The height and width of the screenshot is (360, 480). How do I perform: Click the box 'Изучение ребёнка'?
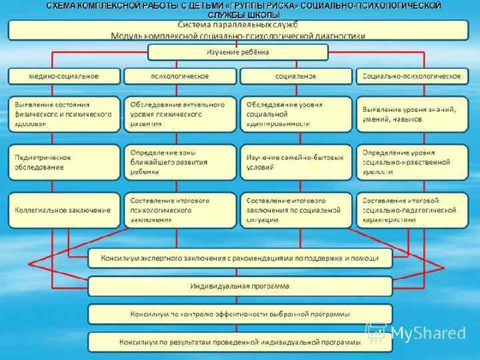pos(238,52)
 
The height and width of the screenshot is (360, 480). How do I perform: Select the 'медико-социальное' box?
pos(64,76)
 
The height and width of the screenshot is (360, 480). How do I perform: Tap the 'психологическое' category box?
pos(180,76)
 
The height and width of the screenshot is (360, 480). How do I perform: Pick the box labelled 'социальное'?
pos(295,76)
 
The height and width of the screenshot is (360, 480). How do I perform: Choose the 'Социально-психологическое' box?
pos(412,76)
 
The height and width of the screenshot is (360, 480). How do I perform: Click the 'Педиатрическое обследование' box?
pos(64,162)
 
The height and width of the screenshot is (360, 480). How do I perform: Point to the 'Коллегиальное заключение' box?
pos(64,209)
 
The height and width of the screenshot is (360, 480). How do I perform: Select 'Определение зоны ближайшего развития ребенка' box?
pos(180,162)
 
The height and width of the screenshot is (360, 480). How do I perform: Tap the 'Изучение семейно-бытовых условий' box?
pos(295,162)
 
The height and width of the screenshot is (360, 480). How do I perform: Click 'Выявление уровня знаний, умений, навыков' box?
pos(412,114)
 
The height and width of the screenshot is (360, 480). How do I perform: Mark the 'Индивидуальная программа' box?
pos(240,286)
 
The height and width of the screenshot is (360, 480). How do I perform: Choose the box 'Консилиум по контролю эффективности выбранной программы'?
pos(240,314)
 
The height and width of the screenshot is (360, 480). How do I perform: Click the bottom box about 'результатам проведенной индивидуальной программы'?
pos(240,341)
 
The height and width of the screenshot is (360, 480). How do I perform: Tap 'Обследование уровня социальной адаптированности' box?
pos(295,114)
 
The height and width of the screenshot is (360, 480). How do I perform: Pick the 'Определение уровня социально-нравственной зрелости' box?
pos(412,162)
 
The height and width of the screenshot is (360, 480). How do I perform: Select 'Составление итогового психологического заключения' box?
pos(180,209)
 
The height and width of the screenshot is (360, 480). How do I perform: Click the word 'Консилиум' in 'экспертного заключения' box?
pos(119,258)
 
